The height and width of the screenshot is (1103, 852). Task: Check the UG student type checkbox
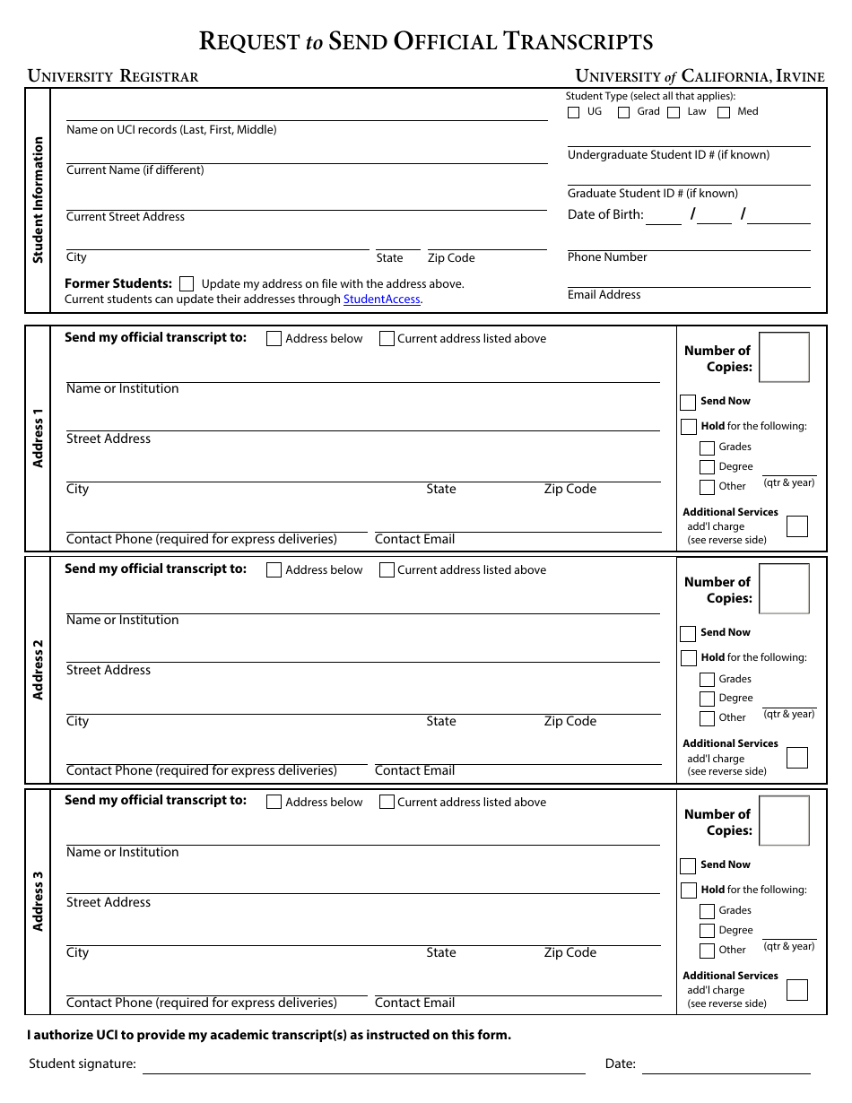click(574, 113)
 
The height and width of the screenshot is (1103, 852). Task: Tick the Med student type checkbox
click(724, 113)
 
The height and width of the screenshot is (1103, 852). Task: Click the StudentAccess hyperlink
click(381, 300)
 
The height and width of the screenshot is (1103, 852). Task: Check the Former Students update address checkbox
click(187, 283)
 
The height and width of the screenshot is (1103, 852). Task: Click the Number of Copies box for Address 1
click(784, 357)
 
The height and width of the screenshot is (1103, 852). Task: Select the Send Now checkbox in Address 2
click(688, 634)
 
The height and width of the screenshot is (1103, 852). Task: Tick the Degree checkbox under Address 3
click(707, 931)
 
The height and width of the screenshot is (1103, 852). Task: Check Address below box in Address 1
click(274, 339)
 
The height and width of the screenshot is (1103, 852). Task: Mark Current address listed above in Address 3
click(387, 802)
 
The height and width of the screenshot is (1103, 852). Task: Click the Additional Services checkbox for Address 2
click(796, 758)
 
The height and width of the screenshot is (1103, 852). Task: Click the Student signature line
click(363, 1065)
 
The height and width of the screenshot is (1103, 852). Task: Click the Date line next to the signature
click(726, 1065)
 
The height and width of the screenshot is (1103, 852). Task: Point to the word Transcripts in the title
click(578, 41)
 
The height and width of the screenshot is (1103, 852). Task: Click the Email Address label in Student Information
click(604, 294)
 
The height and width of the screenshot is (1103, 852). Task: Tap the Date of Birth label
click(605, 214)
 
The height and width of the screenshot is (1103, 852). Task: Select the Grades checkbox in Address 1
click(707, 447)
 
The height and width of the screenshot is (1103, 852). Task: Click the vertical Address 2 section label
click(38, 670)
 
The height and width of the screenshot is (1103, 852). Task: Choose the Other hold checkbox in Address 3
click(707, 951)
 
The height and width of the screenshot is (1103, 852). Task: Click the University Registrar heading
click(113, 76)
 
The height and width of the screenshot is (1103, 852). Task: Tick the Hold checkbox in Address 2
click(688, 658)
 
